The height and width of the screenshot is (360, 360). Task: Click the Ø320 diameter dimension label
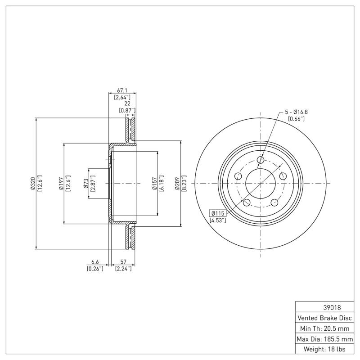(x=32, y=183)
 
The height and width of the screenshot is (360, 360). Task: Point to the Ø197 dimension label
(x=61, y=183)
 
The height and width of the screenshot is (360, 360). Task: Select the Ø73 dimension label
(x=86, y=183)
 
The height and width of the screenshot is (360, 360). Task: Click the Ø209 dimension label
(x=177, y=183)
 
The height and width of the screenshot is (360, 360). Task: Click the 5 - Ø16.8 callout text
(x=296, y=111)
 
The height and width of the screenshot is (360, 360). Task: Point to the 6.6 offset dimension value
(x=95, y=261)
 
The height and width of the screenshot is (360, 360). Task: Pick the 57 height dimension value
(x=123, y=261)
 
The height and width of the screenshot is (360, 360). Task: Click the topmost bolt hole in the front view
(x=261, y=159)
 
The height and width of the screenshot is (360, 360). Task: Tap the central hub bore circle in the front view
(x=261, y=183)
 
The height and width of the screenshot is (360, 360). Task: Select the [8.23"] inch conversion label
(x=184, y=183)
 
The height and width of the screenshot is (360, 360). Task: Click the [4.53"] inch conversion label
(x=218, y=220)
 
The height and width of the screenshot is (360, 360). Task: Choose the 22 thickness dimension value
(x=127, y=103)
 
